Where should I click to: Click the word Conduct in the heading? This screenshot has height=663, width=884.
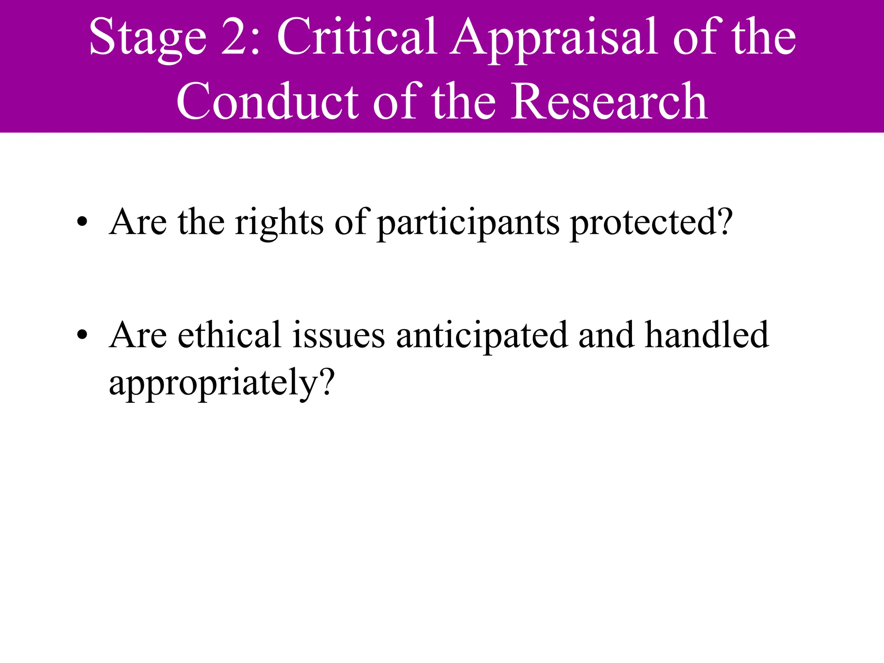(x=267, y=101)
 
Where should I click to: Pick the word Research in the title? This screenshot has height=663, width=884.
(x=609, y=101)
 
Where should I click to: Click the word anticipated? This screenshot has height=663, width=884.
(x=482, y=336)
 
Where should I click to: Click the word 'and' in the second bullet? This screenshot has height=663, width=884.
(x=606, y=335)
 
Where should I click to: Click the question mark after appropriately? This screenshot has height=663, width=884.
(x=326, y=382)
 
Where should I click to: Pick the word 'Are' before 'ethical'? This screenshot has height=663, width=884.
(x=138, y=335)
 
